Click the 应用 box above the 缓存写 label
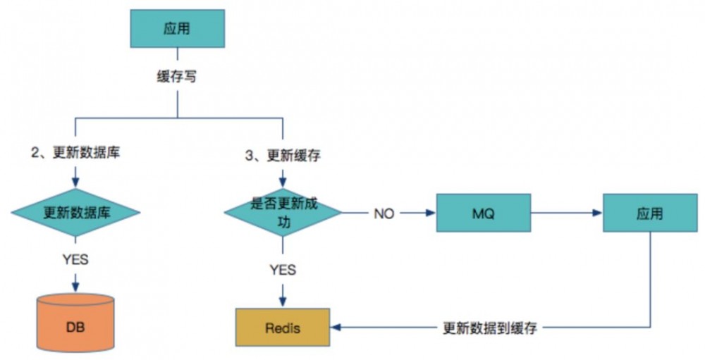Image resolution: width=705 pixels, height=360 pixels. pos(177,29)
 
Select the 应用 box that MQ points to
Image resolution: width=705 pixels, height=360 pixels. pos(649,212)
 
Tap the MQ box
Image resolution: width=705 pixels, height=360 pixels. pos(483,212)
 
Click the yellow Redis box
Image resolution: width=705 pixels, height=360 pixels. pos(283,328)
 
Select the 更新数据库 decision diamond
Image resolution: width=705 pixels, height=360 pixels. pos(75,212)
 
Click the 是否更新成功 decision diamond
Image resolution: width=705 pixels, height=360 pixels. pos(283,212)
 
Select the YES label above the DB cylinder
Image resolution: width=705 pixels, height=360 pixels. pos(75,259)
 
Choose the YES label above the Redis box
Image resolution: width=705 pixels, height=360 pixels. pos(283,269)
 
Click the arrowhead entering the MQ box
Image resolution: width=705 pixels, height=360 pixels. pos(431,212)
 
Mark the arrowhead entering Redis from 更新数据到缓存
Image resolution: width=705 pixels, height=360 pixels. pos(336,328)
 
